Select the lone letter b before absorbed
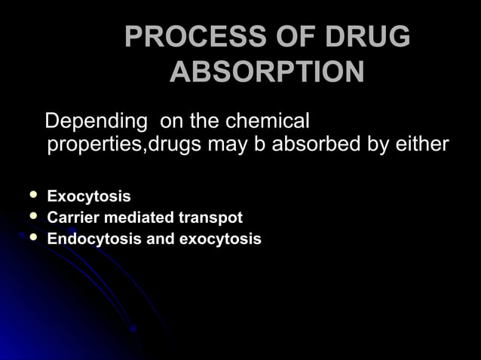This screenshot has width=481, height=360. [259, 144]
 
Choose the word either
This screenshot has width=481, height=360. [421, 144]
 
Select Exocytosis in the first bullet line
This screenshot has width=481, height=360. [88, 197]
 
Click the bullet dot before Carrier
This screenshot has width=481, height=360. [32, 217]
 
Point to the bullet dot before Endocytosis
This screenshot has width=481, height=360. [32, 238]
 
